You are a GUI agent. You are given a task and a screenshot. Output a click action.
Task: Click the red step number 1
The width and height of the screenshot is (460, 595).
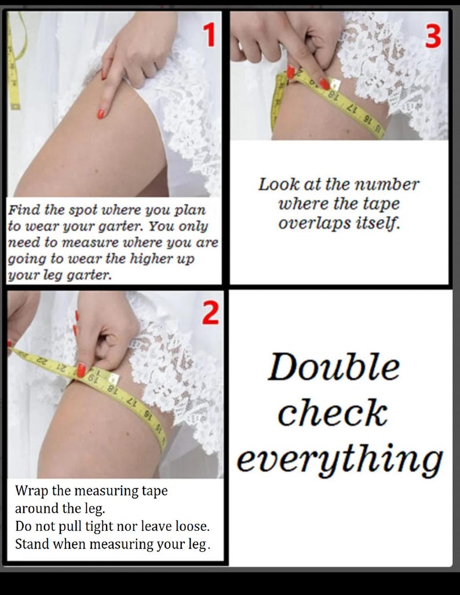pyautogui.click(x=209, y=35)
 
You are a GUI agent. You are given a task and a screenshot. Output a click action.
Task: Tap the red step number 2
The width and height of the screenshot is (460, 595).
pyautogui.click(x=210, y=313)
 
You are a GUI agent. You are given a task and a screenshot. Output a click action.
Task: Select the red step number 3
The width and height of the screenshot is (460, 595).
pyautogui.click(x=433, y=37)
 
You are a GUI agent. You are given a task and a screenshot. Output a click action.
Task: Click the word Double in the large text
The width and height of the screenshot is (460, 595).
pyautogui.click(x=334, y=366)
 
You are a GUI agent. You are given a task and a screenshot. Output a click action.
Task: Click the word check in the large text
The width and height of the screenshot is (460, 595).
pyautogui.click(x=333, y=413)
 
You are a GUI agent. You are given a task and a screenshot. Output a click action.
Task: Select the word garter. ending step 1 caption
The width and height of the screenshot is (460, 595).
pyautogui.click(x=89, y=275)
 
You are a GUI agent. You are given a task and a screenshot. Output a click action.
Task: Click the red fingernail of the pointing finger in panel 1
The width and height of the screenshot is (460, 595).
pyautogui.click(x=101, y=113)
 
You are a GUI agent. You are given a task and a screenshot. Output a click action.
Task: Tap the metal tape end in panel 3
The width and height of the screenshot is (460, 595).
pyautogui.click(x=335, y=84)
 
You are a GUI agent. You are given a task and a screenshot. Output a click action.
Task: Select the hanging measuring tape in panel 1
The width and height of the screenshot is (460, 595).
pyautogui.click(x=15, y=61)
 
